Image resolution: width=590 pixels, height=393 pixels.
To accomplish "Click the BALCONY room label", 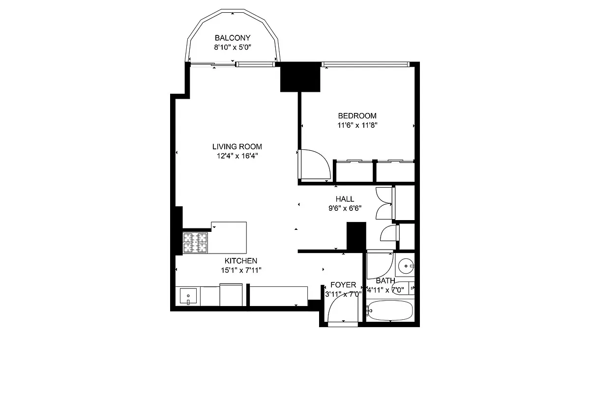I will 233,38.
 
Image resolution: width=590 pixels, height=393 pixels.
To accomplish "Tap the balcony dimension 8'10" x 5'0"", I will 233,48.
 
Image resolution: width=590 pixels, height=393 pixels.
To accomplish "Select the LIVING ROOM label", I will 237,146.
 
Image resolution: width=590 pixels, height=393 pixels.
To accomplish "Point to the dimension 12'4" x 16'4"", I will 237,156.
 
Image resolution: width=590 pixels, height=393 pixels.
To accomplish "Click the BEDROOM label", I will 357,116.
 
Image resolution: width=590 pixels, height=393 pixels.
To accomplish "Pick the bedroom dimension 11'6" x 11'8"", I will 357,125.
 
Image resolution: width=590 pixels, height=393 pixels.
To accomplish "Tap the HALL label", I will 345,199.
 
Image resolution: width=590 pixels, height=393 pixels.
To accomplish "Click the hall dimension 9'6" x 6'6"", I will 345,208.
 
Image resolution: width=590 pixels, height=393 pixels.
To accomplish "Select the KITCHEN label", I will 241,261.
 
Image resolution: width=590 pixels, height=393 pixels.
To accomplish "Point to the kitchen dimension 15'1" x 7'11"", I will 241,270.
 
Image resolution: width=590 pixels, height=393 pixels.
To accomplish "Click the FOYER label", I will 343,285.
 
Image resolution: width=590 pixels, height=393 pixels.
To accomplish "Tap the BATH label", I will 385,281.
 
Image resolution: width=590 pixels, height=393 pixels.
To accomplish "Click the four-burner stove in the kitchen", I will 195,243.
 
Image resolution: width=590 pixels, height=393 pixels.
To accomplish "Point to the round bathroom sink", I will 406,267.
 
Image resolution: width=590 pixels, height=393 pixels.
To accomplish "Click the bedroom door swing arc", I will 315,165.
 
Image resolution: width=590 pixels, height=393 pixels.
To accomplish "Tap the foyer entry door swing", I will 343,309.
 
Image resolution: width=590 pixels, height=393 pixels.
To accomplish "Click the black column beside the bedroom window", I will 300,77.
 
